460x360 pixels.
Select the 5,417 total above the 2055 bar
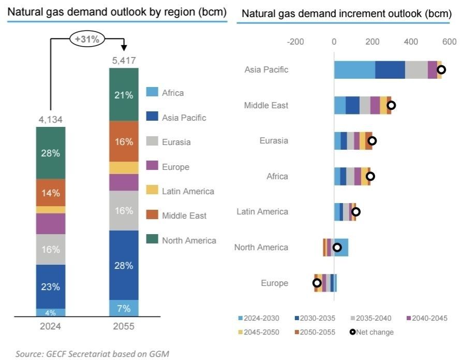point(124,61)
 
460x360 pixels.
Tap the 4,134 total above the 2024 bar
point(51,120)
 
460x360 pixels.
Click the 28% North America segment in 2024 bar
point(51,153)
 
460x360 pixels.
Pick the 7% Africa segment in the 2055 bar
point(124,308)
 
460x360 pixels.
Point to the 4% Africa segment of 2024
point(51,312)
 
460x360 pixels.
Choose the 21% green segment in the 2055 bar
point(124,95)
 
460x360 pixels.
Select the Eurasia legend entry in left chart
point(175,142)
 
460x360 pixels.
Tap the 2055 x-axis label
point(124,326)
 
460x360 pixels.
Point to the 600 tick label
point(449,42)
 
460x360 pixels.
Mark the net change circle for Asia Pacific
point(441,70)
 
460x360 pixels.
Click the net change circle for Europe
point(317,283)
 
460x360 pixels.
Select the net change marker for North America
point(337,248)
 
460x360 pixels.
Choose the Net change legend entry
point(372,332)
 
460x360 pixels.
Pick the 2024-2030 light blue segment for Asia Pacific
point(354,70)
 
